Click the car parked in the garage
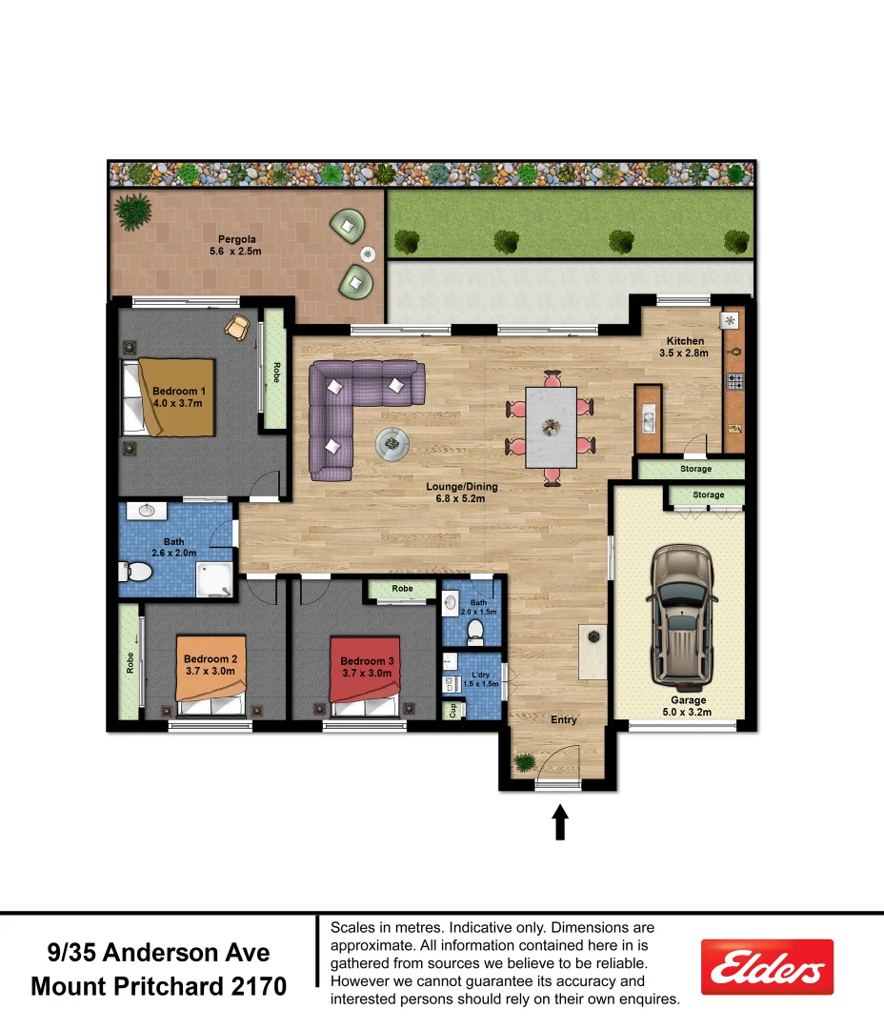tap(681, 617)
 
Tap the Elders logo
tap(767, 968)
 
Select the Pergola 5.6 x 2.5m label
tap(235, 246)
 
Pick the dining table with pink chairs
tap(551, 427)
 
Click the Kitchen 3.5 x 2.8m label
tap(685, 347)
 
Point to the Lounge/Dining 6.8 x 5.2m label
tap(461, 493)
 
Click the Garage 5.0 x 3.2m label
tap(688, 706)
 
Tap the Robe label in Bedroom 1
tap(276, 371)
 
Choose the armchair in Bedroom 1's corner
tap(237, 328)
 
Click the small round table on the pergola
tap(368, 253)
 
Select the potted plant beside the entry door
tap(523, 762)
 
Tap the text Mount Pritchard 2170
tap(158, 985)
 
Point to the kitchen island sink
tap(649, 416)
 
